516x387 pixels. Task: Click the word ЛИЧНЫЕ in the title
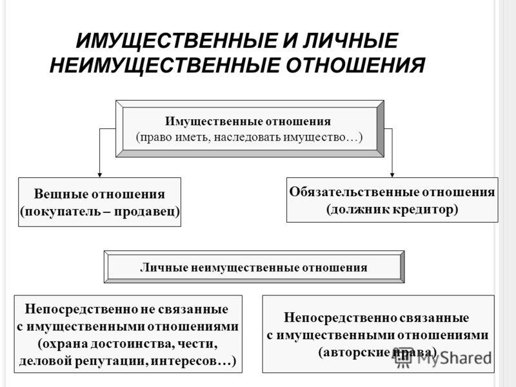351,41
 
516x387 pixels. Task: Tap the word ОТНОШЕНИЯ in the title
355,65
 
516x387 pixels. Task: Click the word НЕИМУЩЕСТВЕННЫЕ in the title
164,65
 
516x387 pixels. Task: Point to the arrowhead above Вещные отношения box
99,175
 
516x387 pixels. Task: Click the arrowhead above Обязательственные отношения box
392,175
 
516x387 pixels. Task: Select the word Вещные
60,194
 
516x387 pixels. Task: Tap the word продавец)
147,212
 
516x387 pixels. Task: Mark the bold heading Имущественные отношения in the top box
248,121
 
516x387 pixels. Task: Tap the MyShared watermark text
443,357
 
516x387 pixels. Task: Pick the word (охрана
62,344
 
